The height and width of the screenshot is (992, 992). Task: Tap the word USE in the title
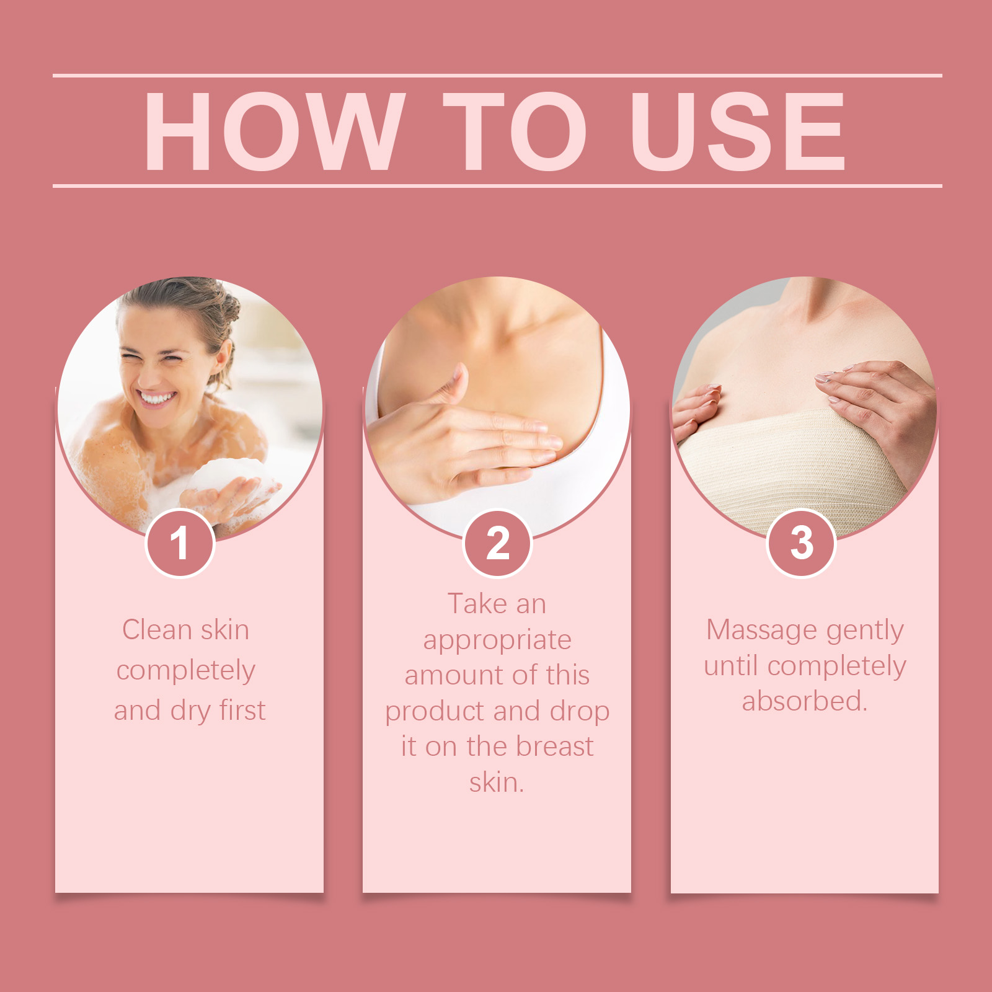738,131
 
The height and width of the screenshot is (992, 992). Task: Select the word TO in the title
515,131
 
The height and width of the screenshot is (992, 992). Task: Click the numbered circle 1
180,543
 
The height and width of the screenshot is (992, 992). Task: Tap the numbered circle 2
497,543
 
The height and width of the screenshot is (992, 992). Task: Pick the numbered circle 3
801,543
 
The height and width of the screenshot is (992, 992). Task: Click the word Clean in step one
157,630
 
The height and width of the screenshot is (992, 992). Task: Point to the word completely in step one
186,671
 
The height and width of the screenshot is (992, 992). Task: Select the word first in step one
242,711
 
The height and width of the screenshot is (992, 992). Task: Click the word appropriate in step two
497,641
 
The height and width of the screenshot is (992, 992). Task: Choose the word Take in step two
477,604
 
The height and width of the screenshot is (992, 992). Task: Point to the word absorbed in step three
804,701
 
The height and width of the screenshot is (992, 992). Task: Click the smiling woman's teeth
157,397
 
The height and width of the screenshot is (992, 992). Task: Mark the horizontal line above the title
497,76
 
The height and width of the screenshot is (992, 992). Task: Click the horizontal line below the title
497,185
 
